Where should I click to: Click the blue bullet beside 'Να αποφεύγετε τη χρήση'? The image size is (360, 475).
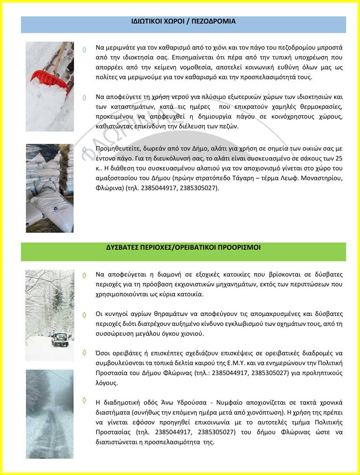(84, 98)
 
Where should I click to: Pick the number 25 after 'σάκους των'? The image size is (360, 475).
(339, 158)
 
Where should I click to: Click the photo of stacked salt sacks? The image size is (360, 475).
(49, 188)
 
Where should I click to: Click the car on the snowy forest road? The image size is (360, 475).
(60, 339)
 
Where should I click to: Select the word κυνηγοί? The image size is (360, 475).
(118, 314)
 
